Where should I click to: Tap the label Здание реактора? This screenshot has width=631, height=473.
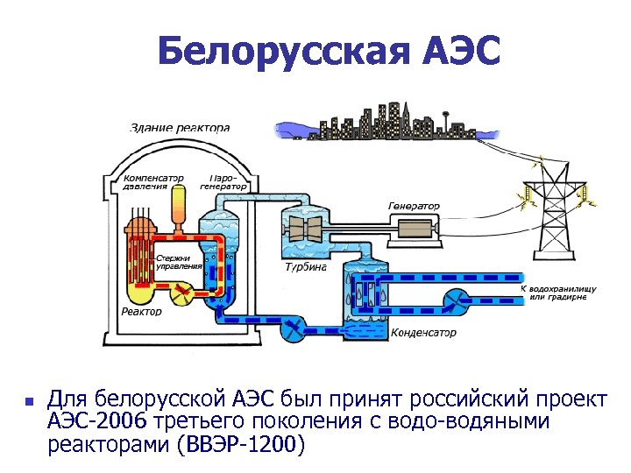click(180, 127)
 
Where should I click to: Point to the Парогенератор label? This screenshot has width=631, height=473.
click(223, 180)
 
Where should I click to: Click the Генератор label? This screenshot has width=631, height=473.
click(414, 206)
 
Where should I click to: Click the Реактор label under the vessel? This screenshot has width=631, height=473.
click(141, 312)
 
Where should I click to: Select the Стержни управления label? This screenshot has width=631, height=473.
click(180, 261)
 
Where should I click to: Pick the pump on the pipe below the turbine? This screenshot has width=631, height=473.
click(293, 332)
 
